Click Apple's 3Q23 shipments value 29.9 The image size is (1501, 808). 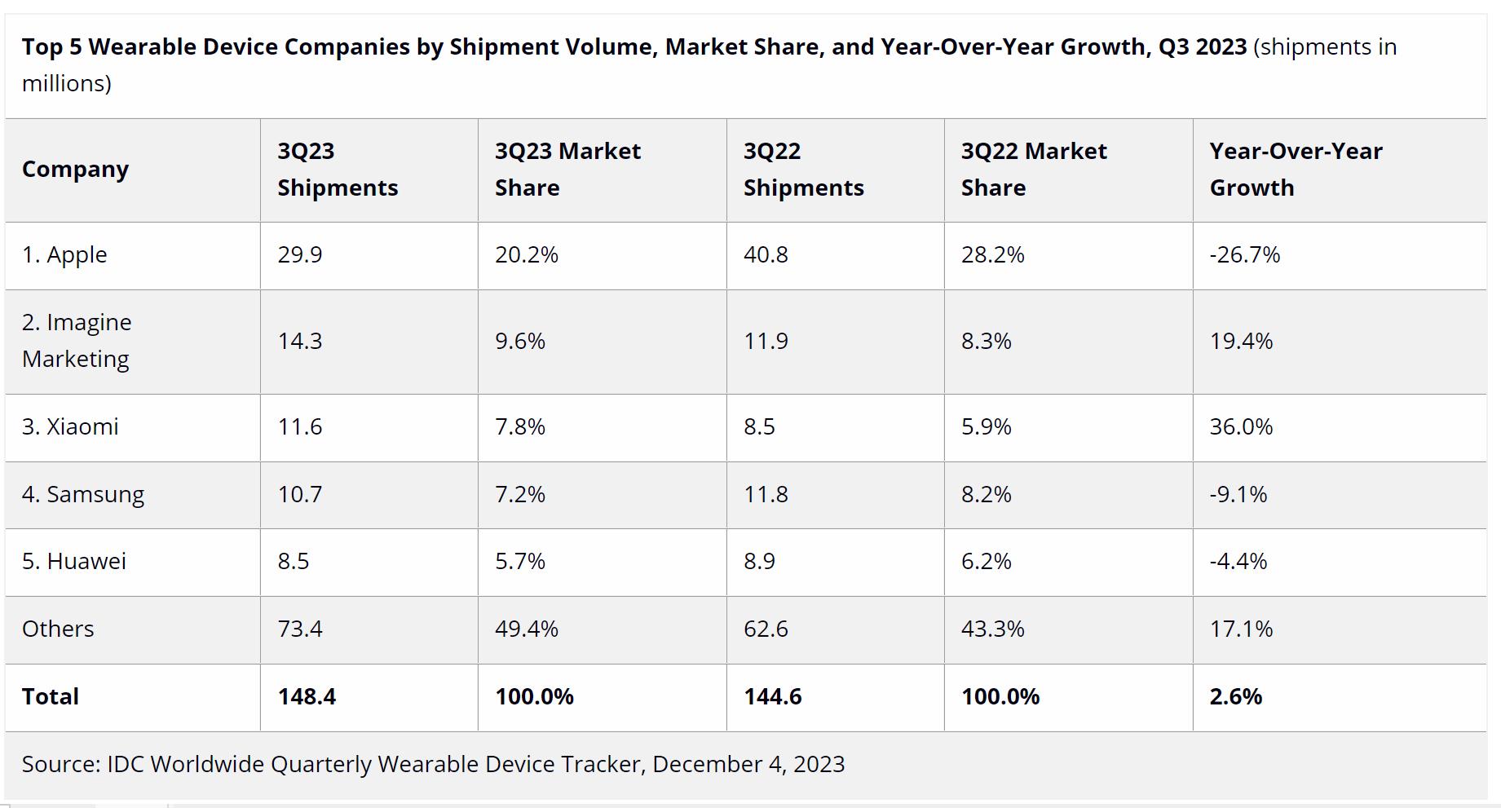tap(299, 254)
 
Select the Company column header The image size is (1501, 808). tap(75, 169)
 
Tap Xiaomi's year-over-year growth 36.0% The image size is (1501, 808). tap(1240, 426)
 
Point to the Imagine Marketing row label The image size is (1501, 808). tap(76, 340)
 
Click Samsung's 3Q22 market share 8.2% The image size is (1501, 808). tap(986, 494)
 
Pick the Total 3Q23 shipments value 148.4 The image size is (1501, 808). tap(307, 696)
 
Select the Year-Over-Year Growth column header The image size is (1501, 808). tap(1296, 169)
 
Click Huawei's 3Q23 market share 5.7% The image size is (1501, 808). tap(519, 561)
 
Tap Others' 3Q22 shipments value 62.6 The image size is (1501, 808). tap(765, 629)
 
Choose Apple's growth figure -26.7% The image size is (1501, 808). tap(1244, 254)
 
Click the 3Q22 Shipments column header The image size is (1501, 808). tap(803, 169)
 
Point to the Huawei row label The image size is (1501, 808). tap(73, 561)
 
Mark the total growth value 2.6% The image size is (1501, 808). tap(1235, 696)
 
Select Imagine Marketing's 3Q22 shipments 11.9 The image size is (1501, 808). tap(765, 340)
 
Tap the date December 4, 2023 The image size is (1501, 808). tap(748, 764)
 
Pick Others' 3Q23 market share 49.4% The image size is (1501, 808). tap(526, 629)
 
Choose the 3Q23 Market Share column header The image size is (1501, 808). tap(567, 169)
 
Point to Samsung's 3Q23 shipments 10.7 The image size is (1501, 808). tap(299, 494)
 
